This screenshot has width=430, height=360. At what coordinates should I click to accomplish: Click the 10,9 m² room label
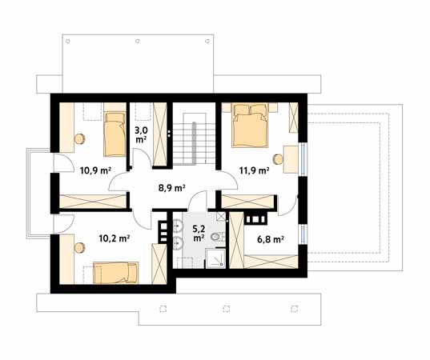pos(94,170)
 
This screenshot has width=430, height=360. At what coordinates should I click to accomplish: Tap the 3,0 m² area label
pos(141,134)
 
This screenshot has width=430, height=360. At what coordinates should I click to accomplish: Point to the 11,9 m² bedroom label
pos(254,170)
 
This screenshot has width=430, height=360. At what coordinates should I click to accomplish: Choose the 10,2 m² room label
pos(114,237)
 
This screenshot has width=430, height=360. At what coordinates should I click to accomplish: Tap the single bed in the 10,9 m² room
pos(114,134)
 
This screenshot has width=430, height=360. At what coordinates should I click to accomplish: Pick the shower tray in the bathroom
pos(215,258)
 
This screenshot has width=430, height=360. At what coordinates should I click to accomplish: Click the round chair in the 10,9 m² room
pos(80,138)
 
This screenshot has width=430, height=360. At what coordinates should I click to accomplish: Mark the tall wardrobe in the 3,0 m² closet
pos(160,134)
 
